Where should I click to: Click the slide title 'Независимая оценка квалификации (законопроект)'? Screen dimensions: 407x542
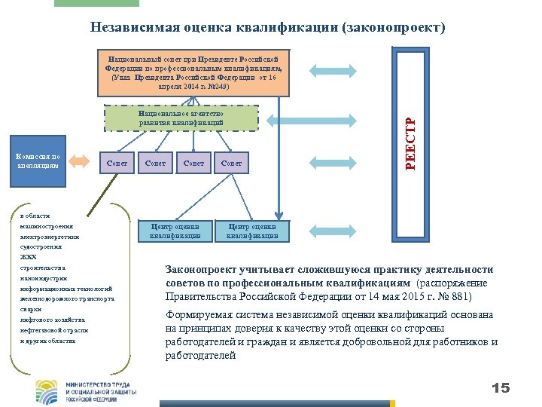click(267, 28)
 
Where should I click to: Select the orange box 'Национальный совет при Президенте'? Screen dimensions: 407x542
click(194, 72)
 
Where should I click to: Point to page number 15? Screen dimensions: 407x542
click(500, 388)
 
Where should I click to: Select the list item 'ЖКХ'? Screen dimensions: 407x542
click(28, 257)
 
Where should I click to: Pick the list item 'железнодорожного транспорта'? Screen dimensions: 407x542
click(68, 298)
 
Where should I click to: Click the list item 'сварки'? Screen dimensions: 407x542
click(31, 309)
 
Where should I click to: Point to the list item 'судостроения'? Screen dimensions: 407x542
click(41, 246)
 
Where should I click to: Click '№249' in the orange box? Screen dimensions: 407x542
click(217, 86)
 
